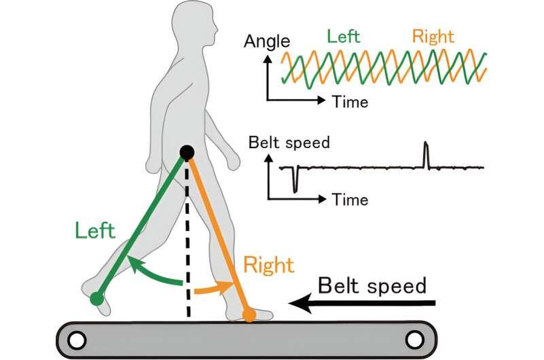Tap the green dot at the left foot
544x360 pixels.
tap(97, 298)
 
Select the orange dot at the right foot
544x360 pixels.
tap(249, 314)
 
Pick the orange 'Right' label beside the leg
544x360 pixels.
tap(269, 264)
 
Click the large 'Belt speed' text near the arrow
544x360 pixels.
tap(372, 285)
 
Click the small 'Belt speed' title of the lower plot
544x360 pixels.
tap(289, 143)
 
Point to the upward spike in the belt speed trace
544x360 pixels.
tap(426, 152)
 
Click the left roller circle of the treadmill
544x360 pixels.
tap(77, 338)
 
